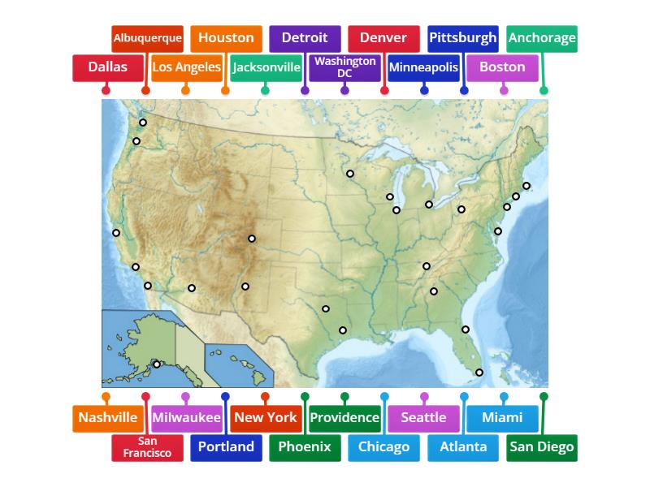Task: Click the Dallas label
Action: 108,67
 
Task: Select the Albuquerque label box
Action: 147,37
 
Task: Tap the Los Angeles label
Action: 187,67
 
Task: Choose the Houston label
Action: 226,37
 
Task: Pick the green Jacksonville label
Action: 266,67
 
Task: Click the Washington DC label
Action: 345,67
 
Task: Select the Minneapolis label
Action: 423,67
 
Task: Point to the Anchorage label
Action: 542,37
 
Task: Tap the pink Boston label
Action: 502,67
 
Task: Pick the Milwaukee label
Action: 187,418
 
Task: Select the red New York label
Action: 266,418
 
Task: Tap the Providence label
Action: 345,418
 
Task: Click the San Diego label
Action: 542,447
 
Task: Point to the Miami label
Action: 502,418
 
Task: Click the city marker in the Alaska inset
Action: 157,364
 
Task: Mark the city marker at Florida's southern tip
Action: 479,373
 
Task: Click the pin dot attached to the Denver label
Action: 384,91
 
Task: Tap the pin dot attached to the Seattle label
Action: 424,397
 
